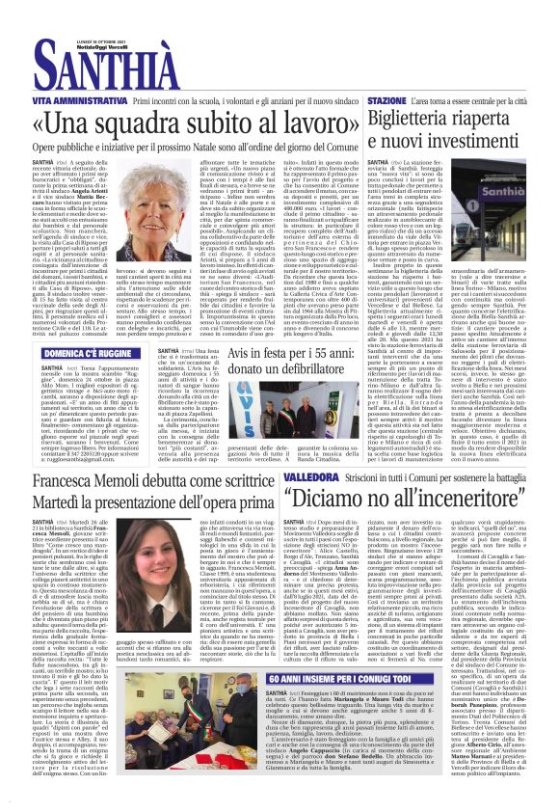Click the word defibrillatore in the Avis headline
click(306, 370)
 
